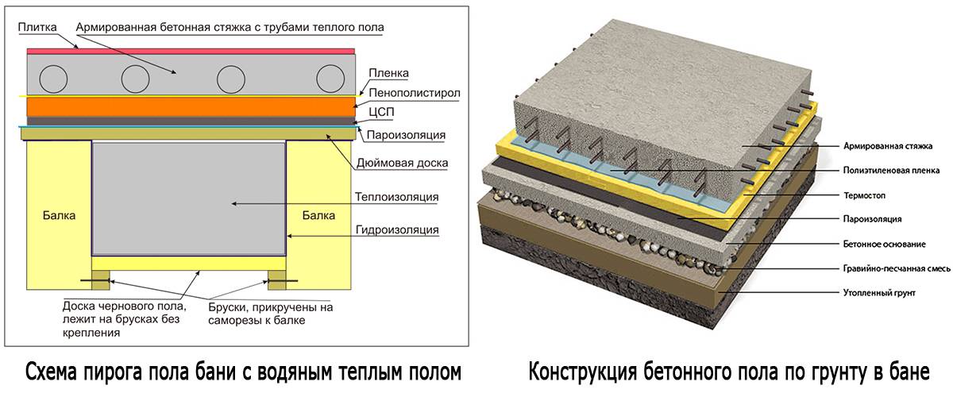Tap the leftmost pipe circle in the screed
click(x=55, y=77)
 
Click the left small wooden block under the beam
click(x=100, y=280)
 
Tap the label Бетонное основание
click(x=877, y=243)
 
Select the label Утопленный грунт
click(x=872, y=293)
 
